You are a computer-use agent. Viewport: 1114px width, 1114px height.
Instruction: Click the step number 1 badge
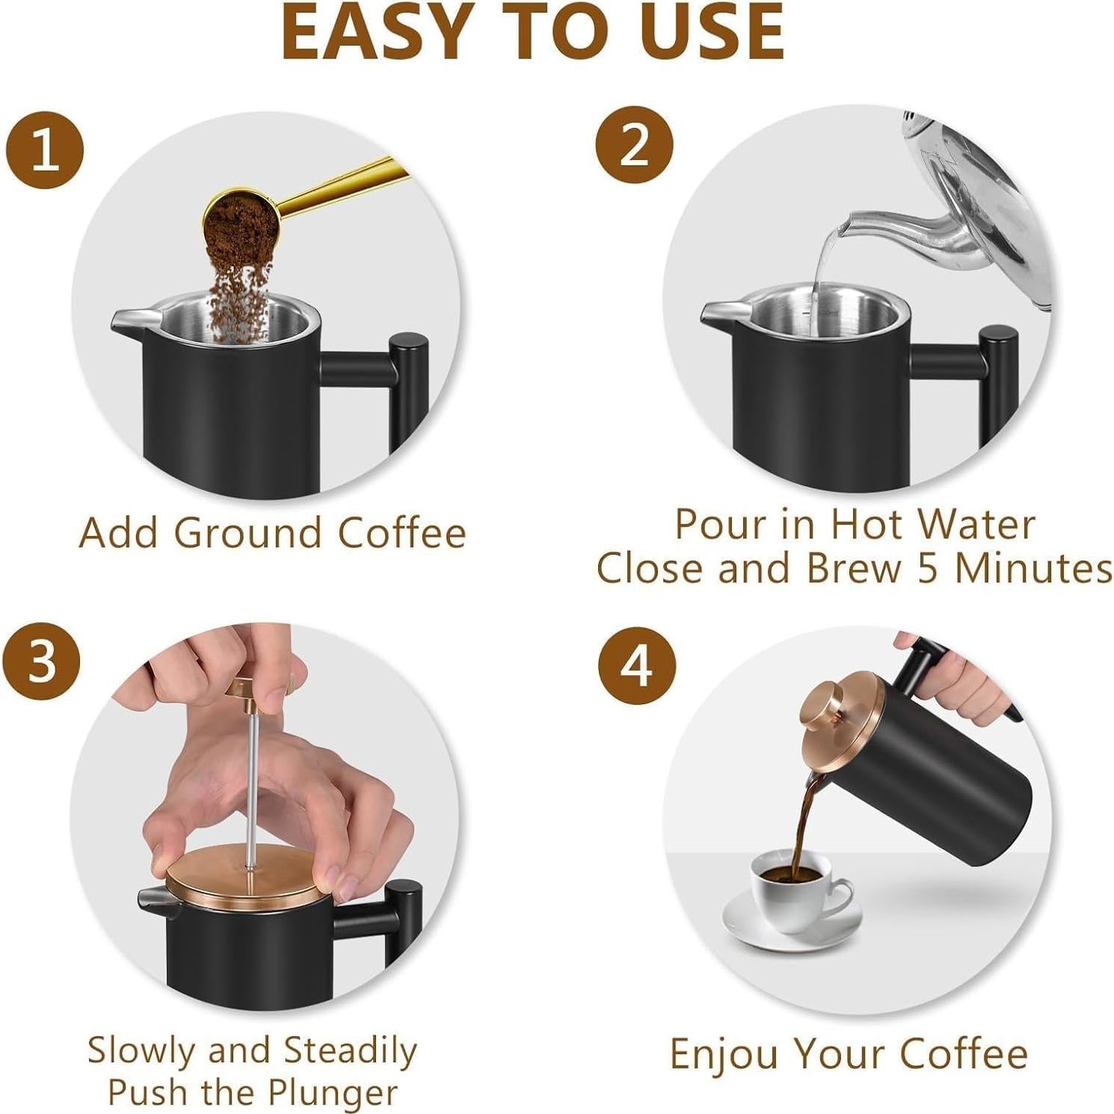pyautogui.click(x=45, y=150)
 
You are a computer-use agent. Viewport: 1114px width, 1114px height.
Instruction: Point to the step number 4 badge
pyautogui.click(x=637, y=665)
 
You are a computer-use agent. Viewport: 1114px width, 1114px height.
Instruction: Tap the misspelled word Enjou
pyautogui.click(x=725, y=1055)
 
